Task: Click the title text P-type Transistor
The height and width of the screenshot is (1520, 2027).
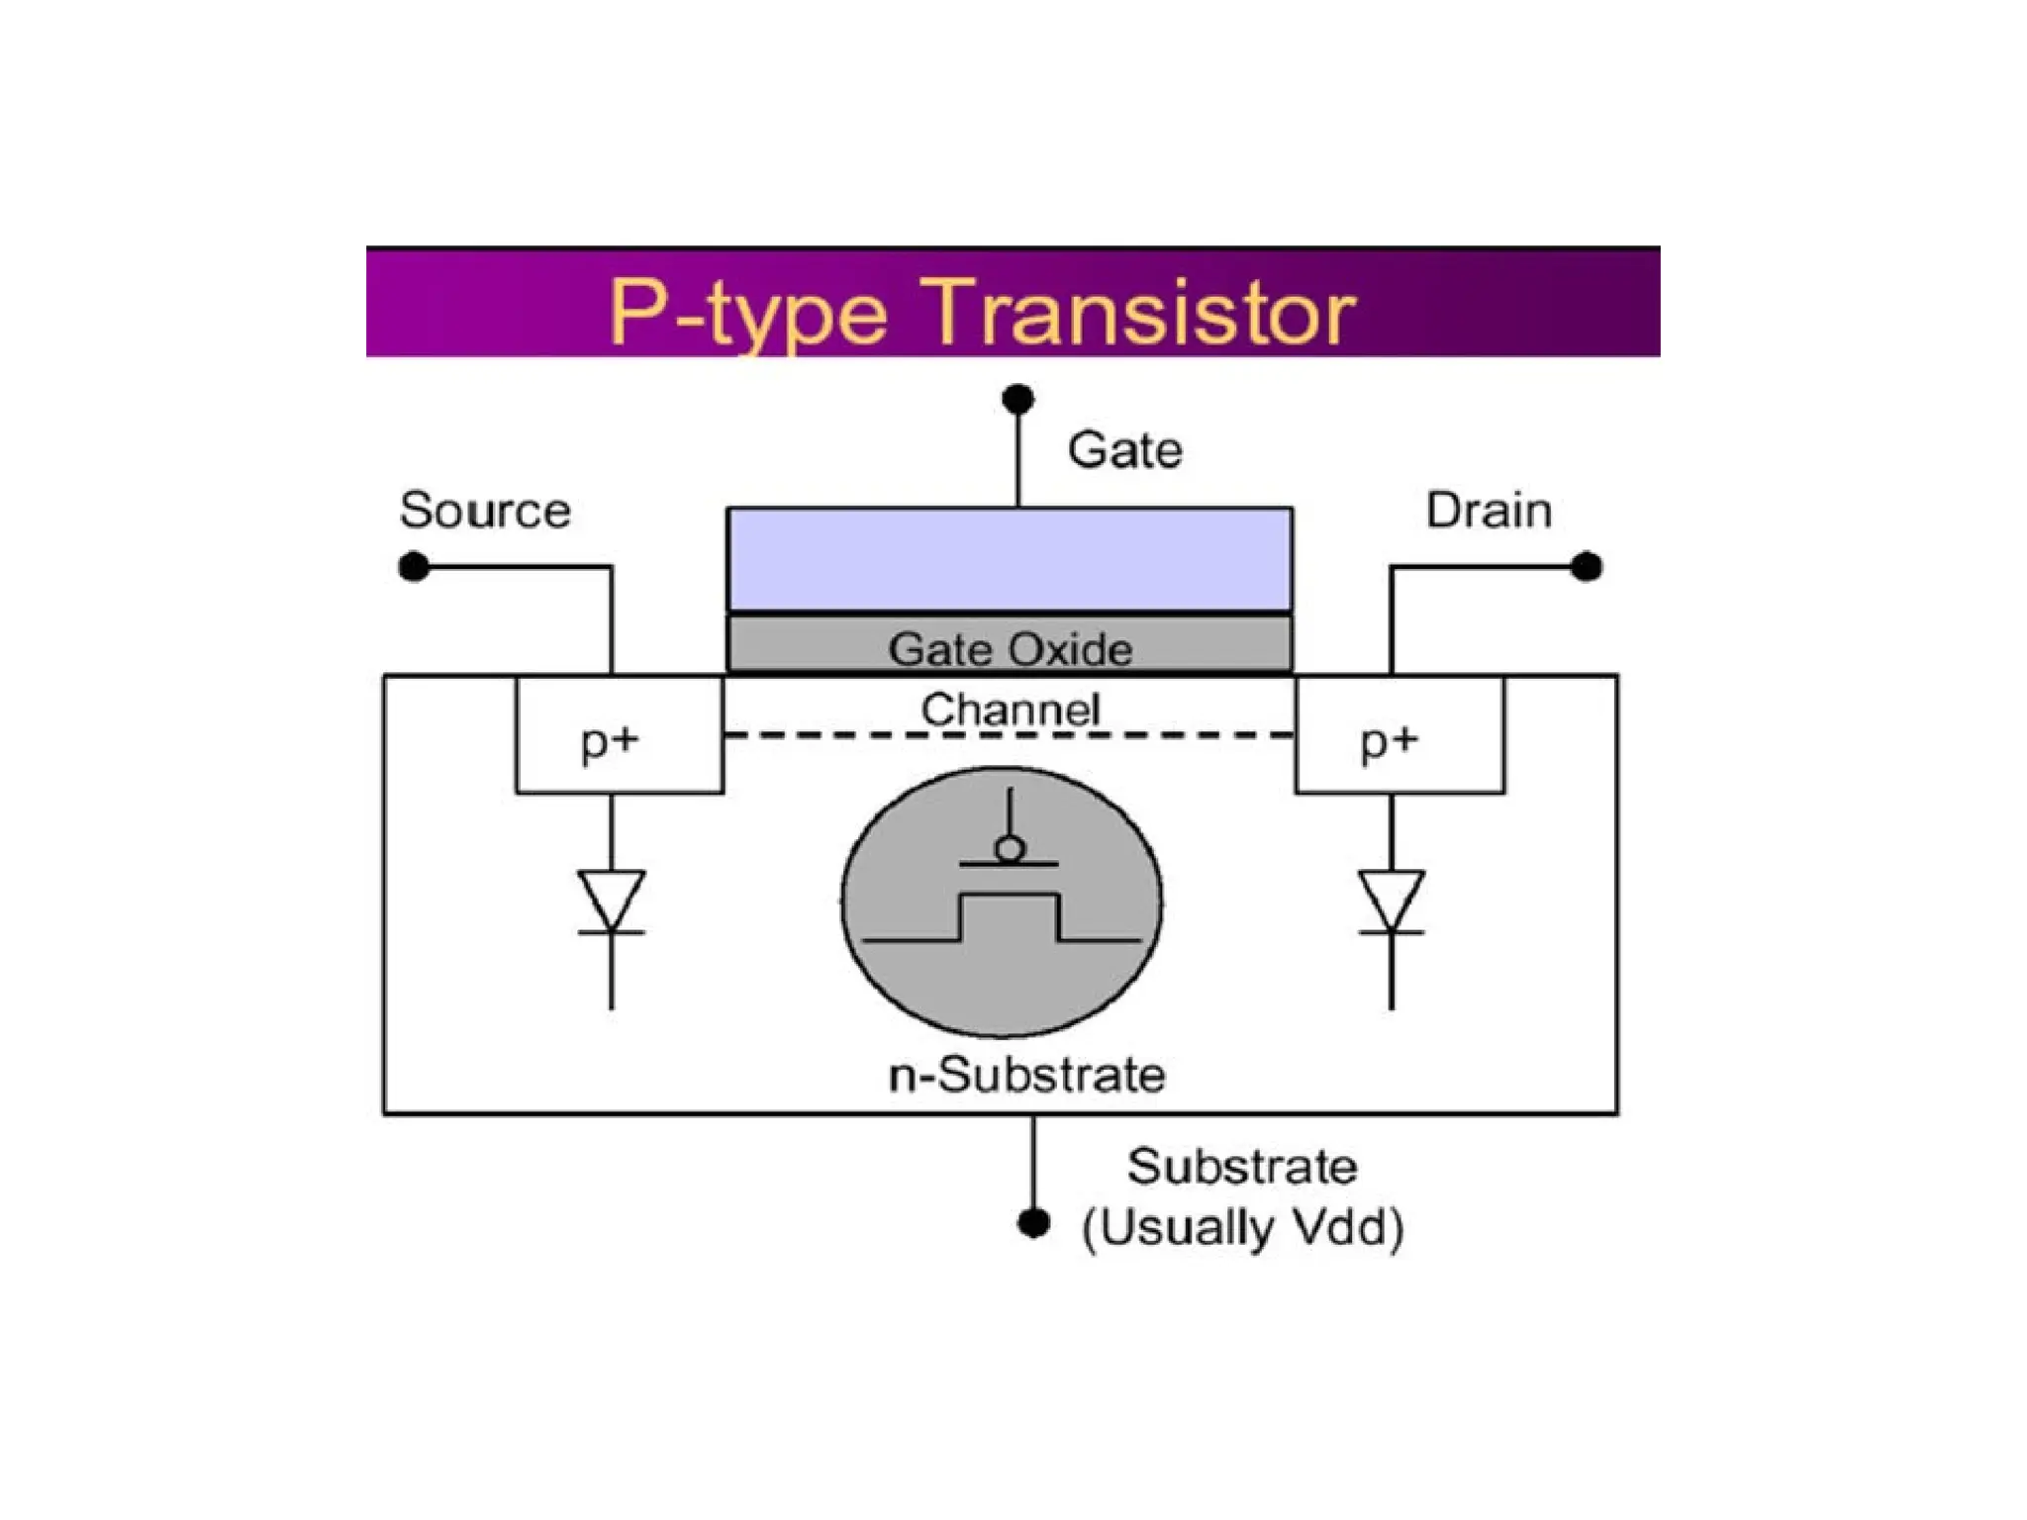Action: (x=981, y=312)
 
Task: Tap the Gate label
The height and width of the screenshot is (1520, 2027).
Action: (x=1124, y=450)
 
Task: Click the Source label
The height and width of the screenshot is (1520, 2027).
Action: (x=485, y=511)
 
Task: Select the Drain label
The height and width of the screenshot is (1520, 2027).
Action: (x=1488, y=511)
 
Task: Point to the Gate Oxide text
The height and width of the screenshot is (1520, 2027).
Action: (x=1010, y=649)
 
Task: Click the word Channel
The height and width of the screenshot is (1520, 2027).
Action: (x=1010, y=709)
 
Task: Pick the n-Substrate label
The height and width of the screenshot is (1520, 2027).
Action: (x=1026, y=1075)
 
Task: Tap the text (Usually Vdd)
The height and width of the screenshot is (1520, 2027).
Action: (x=1242, y=1228)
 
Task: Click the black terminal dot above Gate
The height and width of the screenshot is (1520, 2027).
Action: (x=1017, y=399)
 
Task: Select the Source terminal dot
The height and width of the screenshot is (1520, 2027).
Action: (x=414, y=567)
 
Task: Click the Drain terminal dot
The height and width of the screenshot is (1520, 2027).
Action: (x=1586, y=567)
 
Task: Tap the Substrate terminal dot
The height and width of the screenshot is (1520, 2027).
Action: (x=1033, y=1223)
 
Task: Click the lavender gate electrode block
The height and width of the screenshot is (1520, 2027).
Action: (x=1010, y=560)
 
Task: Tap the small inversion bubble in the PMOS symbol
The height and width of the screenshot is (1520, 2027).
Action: (x=1010, y=849)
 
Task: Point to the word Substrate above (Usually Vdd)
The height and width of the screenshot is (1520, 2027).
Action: (x=1242, y=1167)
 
